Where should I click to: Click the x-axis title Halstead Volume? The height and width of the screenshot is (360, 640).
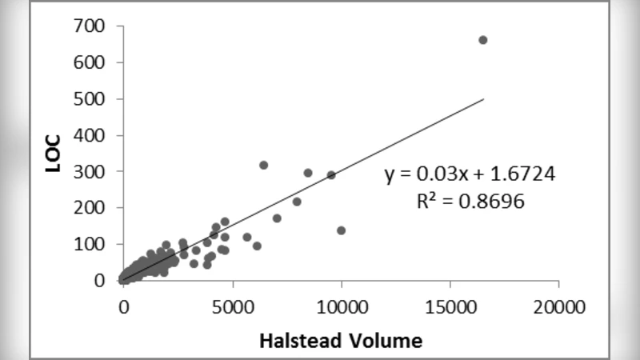(340, 341)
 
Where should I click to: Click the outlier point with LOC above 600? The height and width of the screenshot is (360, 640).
(482, 40)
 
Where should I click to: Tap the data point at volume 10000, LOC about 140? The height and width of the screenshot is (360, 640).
(342, 230)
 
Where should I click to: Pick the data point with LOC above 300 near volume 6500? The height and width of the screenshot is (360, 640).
(263, 165)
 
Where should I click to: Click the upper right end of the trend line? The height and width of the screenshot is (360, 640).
(483, 99)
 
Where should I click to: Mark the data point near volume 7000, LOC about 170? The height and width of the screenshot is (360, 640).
(277, 218)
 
